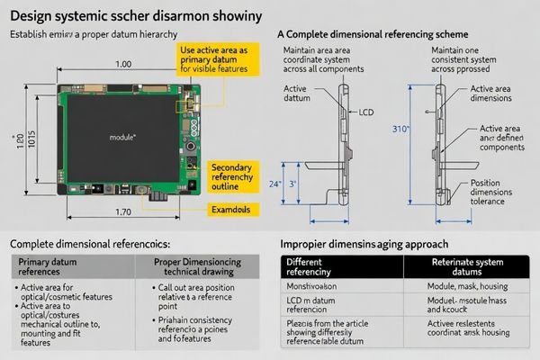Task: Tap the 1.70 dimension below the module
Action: coord(125,213)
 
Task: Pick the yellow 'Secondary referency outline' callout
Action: coord(236,175)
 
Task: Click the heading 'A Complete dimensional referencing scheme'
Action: coord(373,32)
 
